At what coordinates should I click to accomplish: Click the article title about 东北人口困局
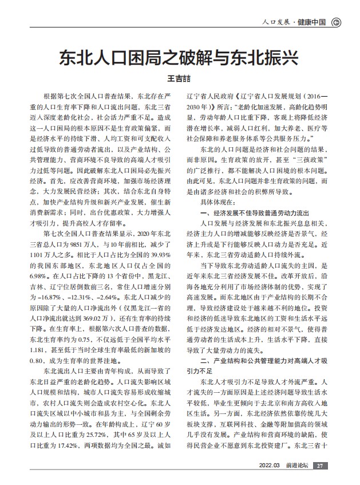click(x=180, y=58)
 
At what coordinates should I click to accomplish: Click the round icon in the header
click(x=337, y=23)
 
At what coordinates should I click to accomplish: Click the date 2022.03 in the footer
click(x=269, y=465)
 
